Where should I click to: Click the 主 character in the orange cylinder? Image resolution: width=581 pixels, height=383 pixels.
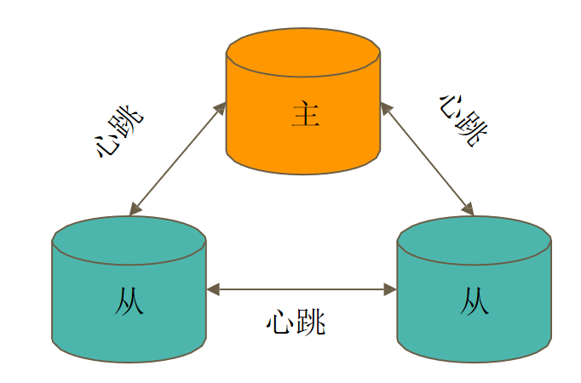[305, 114]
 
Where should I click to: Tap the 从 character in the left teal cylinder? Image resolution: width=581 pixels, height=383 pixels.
[129, 300]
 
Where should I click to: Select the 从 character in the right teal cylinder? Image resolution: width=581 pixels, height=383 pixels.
[475, 300]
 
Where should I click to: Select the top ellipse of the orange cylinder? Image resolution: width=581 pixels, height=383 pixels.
[302, 51]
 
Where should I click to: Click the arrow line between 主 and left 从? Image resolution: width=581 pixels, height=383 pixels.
[177, 158]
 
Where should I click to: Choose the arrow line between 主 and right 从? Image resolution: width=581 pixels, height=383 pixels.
[427, 158]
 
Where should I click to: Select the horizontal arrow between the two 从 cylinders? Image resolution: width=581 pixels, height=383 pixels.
[302, 289]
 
